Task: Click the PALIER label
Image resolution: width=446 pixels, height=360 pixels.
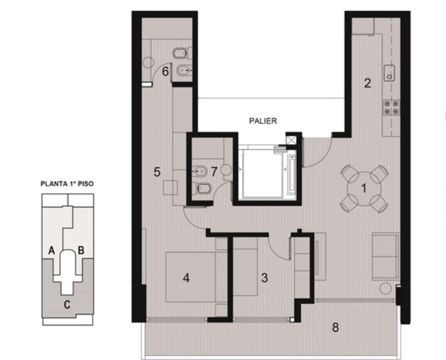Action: coord(263,121)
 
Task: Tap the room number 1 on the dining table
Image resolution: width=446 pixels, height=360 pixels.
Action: coord(364,188)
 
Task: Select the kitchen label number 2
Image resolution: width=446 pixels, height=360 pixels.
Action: coord(368,83)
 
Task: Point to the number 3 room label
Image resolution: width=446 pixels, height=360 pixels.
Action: coord(264,278)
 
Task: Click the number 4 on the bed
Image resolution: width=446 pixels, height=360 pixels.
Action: coord(187,278)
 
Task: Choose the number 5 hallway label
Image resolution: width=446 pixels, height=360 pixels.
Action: coord(157,172)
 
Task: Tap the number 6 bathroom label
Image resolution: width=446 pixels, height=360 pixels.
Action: coord(165,71)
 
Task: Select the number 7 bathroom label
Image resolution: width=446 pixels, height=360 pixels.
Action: coord(214,171)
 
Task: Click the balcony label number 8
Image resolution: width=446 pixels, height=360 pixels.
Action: coord(336,328)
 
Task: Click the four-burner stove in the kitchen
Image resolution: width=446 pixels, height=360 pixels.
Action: coord(391,108)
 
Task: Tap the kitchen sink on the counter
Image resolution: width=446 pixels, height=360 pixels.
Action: coord(389,73)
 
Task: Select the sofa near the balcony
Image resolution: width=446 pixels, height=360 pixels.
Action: coord(386,256)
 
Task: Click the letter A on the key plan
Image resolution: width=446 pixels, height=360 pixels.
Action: coord(52,250)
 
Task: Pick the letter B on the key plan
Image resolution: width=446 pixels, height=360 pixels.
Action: coord(81,250)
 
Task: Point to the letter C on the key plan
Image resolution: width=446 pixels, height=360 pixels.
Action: coord(67,305)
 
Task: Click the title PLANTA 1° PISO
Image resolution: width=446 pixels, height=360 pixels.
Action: coord(67,184)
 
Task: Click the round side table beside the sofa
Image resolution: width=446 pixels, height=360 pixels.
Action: coord(386,288)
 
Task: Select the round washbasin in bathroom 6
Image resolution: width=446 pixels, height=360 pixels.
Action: coord(148,63)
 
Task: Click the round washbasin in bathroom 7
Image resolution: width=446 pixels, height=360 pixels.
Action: coord(227,170)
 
